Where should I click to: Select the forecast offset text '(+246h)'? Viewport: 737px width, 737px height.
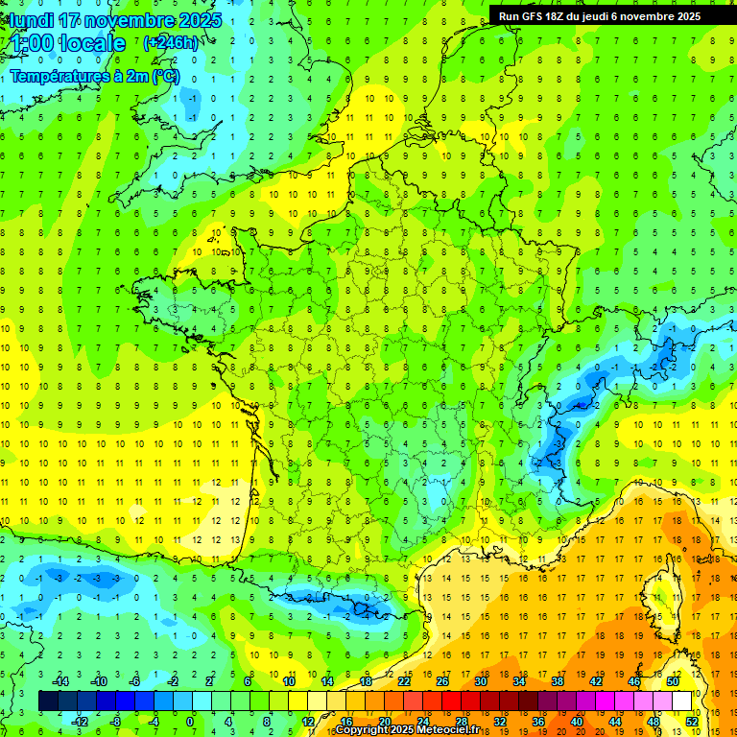(171, 42)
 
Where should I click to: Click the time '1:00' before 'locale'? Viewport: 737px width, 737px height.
(31, 43)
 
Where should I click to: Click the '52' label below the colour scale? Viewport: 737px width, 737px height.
(692, 722)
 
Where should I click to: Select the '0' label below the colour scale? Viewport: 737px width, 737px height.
(190, 722)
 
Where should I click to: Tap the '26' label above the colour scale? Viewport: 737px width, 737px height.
(441, 681)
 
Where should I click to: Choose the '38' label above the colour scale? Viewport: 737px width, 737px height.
(557, 681)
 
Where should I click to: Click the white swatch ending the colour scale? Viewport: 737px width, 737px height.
(681, 701)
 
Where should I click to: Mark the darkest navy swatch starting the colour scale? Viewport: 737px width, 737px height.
(48, 701)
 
